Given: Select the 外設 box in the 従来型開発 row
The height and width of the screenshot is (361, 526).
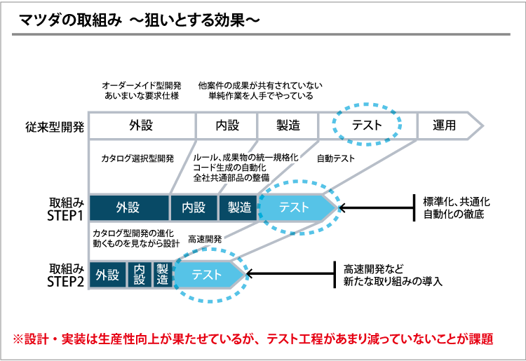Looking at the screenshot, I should [141, 125].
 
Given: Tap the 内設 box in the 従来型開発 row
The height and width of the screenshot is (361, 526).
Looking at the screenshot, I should [227, 125].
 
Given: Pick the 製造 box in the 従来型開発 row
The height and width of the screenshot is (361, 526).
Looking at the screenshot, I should [288, 125].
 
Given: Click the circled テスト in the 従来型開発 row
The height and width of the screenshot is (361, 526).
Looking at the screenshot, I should [367, 125].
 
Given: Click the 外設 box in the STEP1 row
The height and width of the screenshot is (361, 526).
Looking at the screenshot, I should [129, 207].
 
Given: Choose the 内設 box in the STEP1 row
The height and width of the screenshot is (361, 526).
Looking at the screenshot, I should [194, 207].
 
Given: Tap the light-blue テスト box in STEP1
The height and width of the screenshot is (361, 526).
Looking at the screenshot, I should [295, 207].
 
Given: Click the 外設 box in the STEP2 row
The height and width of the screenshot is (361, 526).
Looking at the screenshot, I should [108, 274].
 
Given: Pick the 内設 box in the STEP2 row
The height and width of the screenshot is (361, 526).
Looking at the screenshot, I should [140, 274].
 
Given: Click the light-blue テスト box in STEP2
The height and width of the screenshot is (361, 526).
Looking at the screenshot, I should [207, 274].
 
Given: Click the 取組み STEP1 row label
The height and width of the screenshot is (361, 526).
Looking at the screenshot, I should [65, 208].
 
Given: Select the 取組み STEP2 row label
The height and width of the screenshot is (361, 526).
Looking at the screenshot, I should [65, 275].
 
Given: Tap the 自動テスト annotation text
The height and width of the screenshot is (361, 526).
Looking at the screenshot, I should [336, 158].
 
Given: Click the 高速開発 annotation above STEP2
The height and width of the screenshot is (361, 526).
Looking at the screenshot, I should [205, 238].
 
